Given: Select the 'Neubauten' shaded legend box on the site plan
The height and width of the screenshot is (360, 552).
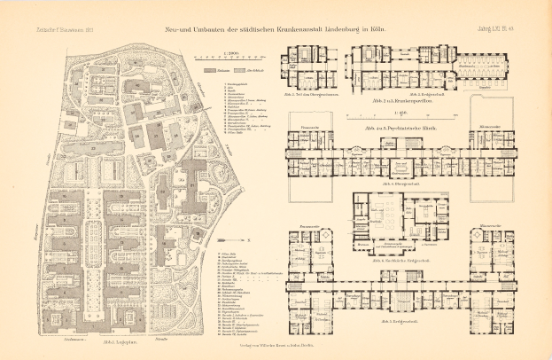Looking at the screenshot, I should click(x=211, y=68).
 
